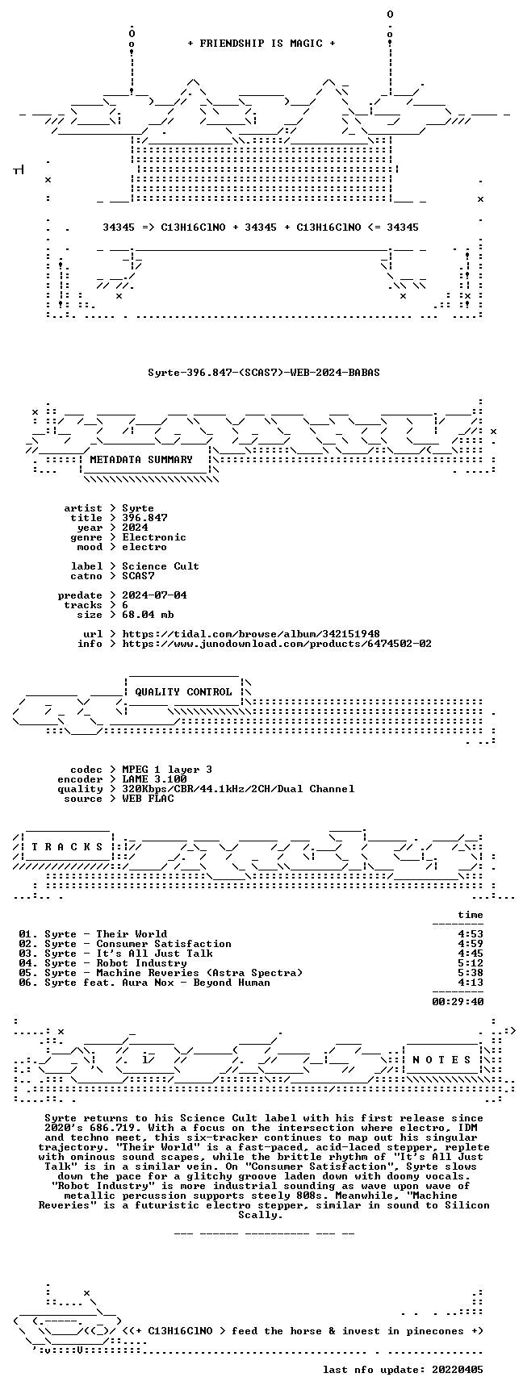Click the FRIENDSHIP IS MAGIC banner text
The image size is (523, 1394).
coord(261,44)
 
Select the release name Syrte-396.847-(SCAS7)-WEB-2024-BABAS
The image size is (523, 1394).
coord(264,373)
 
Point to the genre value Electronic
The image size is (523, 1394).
coord(154,537)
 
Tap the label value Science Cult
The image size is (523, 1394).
coord(161,566)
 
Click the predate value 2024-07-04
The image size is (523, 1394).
coord(154,595)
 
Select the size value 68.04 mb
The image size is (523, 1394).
coord(148,615)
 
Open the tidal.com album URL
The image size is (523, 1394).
coord(251,634)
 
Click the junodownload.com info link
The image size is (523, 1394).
coord(277,644)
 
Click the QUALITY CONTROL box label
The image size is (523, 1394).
coord(183,692)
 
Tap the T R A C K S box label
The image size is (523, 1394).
coord(67,847)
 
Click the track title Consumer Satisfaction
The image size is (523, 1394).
coord(164,944)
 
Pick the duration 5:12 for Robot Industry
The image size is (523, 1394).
coord(471,963)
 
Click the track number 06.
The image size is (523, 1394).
coord(25,983)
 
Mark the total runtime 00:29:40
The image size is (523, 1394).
coord(458,1002)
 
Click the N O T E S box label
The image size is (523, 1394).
coord(441,1060)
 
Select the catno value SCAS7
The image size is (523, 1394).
coord(138,576)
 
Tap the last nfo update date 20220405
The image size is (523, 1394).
coord(458,1370)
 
